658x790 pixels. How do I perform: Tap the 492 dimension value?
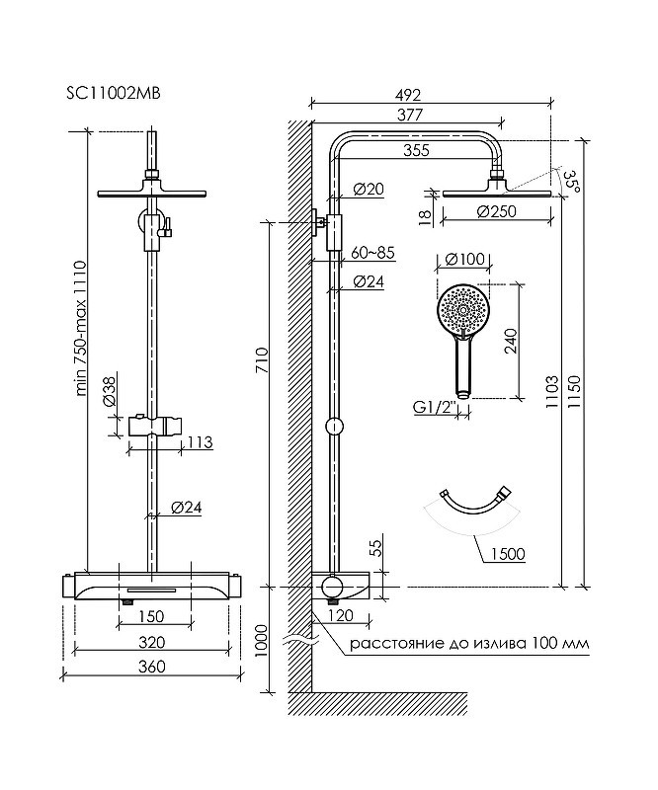pos(408,95)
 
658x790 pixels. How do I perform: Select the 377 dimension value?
pos(409,115)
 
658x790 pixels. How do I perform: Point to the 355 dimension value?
pos(417,150)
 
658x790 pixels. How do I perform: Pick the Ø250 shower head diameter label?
pos(497,211)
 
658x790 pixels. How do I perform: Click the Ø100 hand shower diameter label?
pos(465,260)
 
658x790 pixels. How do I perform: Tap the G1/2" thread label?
pos(435,406)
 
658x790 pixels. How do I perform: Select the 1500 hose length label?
pos(507,554)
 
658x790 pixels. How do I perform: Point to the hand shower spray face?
pos(462,308)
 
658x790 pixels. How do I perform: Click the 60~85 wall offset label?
pos(372,253)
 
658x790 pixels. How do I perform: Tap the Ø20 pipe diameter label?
pos(369,190)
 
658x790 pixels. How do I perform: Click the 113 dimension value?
pos(201,441)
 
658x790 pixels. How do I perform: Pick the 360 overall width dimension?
pos(152,666)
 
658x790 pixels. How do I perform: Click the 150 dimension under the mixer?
pos(151,615)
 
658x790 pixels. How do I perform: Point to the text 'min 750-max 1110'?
pos(81,328)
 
